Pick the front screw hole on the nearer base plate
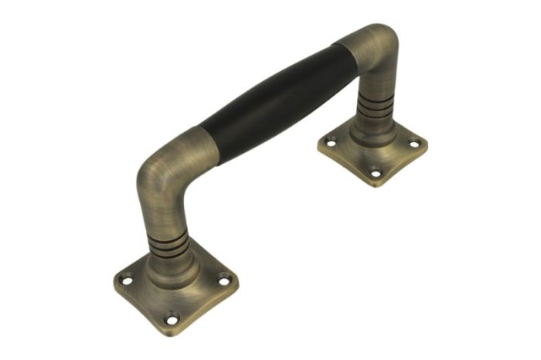[x=172, y=316]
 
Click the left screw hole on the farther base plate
[x=332, y=142]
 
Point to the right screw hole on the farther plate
[x=414, y=143]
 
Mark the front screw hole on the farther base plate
[x=376, y=173]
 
